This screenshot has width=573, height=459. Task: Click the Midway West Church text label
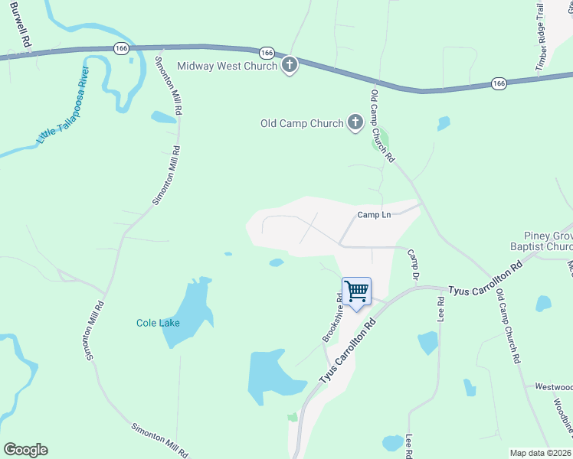227,66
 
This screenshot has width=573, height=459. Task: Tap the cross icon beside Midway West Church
290,66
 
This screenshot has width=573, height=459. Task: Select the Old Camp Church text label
302,123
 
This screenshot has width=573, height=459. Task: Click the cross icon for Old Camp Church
355,122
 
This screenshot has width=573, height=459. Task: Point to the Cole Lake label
159,323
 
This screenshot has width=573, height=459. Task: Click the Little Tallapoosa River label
64,106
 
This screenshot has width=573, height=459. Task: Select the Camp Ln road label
375,215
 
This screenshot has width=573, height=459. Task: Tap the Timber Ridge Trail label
549,37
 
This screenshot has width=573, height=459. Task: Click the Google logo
25,450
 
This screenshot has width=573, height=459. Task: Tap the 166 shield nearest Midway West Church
267,53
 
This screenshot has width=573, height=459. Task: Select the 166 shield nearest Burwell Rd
121,47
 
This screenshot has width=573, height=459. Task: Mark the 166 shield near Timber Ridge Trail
499,83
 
